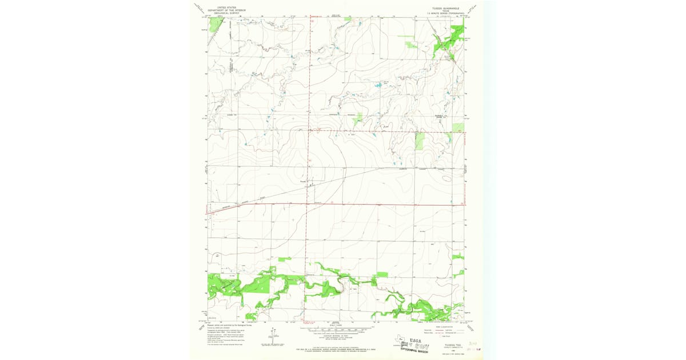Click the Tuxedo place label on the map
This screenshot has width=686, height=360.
click(304, 183)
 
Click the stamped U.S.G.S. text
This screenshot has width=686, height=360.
click(415, 338)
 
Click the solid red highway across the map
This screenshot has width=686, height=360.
click(372, 204)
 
